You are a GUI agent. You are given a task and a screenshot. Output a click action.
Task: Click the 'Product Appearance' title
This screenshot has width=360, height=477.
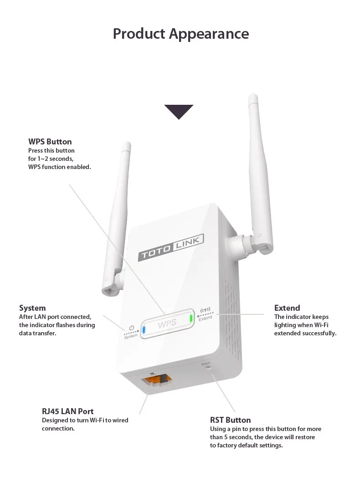pos(181,34)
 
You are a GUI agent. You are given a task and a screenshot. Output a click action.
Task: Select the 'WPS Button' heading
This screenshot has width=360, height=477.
pos(50,142)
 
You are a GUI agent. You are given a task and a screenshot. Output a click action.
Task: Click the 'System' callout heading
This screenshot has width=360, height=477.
pos(32,308)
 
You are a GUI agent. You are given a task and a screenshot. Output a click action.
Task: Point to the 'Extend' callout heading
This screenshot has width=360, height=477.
pos(287,308)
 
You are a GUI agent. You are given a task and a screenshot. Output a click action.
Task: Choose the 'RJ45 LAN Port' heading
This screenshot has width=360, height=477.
pos(68,411)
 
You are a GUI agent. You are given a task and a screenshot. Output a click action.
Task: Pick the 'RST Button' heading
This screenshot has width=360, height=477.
pos(230,420)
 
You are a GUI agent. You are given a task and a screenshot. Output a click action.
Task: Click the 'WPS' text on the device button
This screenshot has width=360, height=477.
pos(167,324)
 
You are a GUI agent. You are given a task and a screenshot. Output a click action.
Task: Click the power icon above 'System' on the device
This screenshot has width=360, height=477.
pos(131,328)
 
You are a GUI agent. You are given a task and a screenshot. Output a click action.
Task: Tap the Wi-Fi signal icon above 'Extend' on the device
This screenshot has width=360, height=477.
pos(204,312)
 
